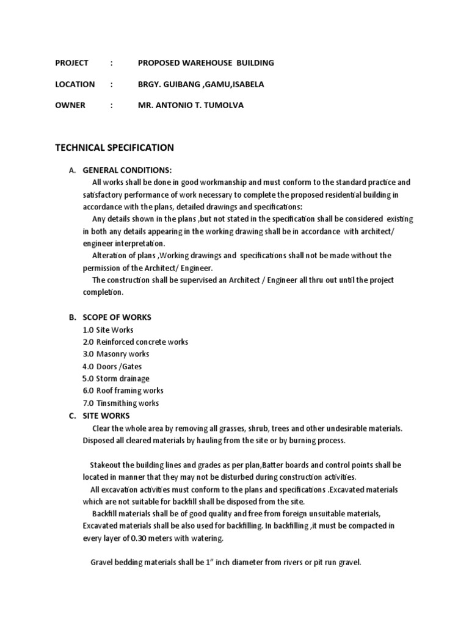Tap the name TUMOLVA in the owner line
[225, 105]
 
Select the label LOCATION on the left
[75, 84]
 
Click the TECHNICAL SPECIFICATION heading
[114, 148]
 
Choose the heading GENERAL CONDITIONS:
[127, 170]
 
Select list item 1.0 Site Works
[108, 330]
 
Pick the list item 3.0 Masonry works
[116, 354]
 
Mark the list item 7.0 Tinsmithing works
[121, 403]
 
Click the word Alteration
[111, 256]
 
